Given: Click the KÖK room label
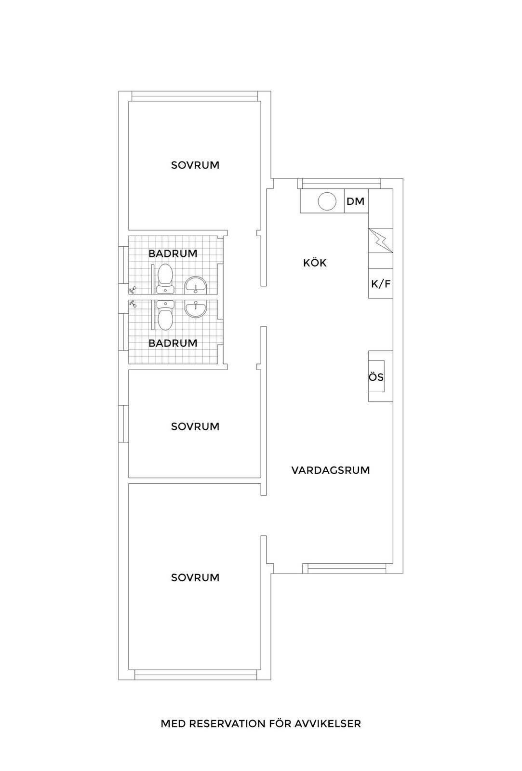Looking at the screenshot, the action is pos(314,263).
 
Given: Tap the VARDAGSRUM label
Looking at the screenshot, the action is pos(331,470).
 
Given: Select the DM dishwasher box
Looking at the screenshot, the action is pos(355,201).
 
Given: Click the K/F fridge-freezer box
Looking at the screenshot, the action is pos(380,284).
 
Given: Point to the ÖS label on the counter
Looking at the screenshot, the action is pos(376,377).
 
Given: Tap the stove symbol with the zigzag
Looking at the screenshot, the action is pos(380,240).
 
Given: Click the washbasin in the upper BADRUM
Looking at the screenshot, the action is pos(196,285).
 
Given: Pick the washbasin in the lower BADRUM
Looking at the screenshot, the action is pos(196,308).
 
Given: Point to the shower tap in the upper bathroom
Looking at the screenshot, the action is pos(133,290).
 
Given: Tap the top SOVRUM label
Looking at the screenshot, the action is pos(195,165).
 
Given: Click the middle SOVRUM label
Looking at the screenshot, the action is pos(195,426).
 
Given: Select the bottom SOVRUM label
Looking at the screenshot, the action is pos(195,578).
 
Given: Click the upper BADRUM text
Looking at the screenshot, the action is pos(173,253).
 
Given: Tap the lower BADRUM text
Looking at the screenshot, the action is pos(173,343).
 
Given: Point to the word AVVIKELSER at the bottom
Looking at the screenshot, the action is pos(327,724).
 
